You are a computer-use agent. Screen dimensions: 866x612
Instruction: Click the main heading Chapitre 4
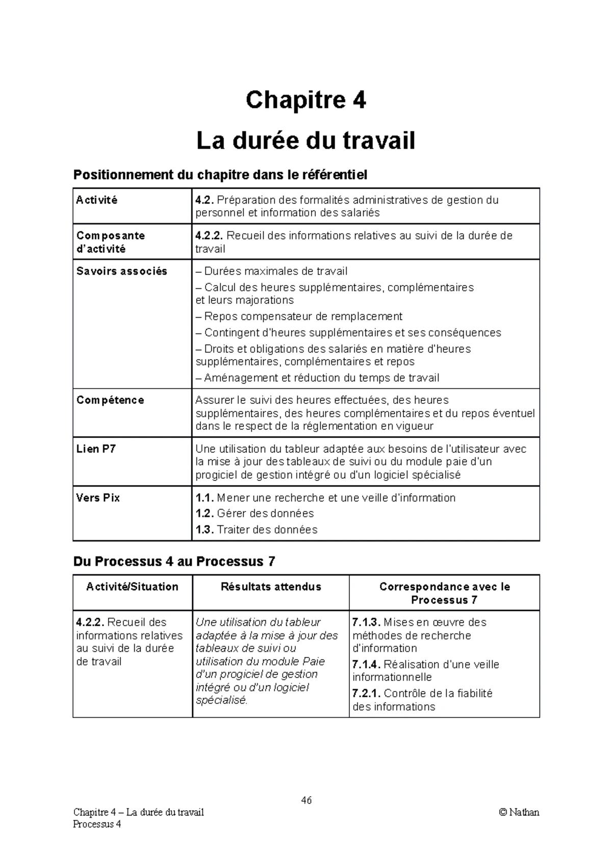pyautogui.click(x=305, y=100)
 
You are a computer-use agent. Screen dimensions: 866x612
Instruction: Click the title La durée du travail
pyautogui.click(x=305, y=141)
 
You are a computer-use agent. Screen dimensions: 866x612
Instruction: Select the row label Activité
pyautogui.click(x=97, y=200)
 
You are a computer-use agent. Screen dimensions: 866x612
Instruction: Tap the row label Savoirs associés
pyautogui.click(x=121, y=271)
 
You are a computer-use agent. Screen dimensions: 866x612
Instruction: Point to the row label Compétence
pyautogui.click(x=110, y=400)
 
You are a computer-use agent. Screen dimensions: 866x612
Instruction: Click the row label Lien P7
pyautogui.click(x=96, y=449)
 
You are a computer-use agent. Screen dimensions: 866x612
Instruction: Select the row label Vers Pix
pyautogui.click(x=98, y=498)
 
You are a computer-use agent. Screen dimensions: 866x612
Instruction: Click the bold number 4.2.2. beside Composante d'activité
pyautogui.click(x=209, y=236)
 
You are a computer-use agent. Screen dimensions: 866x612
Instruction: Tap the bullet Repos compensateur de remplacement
pyautogui.click(x=299, y=316)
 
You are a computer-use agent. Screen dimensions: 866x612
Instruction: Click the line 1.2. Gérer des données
pyautogui.click(x=254, y=514)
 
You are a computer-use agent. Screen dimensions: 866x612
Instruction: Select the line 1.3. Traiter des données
pyautogui.click(x=256, y=530)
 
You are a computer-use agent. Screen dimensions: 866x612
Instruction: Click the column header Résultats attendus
pyautogui.click(x=271, y=587)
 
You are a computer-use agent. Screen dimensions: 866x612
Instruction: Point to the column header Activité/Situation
pyautogui.click(x=132, y=587)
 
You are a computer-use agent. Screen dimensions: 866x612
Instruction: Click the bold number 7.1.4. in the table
pyautogui.click(x=366, y=665)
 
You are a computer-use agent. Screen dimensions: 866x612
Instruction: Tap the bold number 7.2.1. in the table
pyautogui.click(x=366, y=694)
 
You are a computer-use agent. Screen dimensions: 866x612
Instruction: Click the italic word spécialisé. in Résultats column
pyautogui.click(x=221, y=701)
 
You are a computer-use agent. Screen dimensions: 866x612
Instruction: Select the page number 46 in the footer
pyautogui.click(x=306, y=800)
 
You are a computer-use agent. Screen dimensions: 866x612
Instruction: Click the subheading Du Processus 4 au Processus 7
pyautogui.click(x=174, y=562)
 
